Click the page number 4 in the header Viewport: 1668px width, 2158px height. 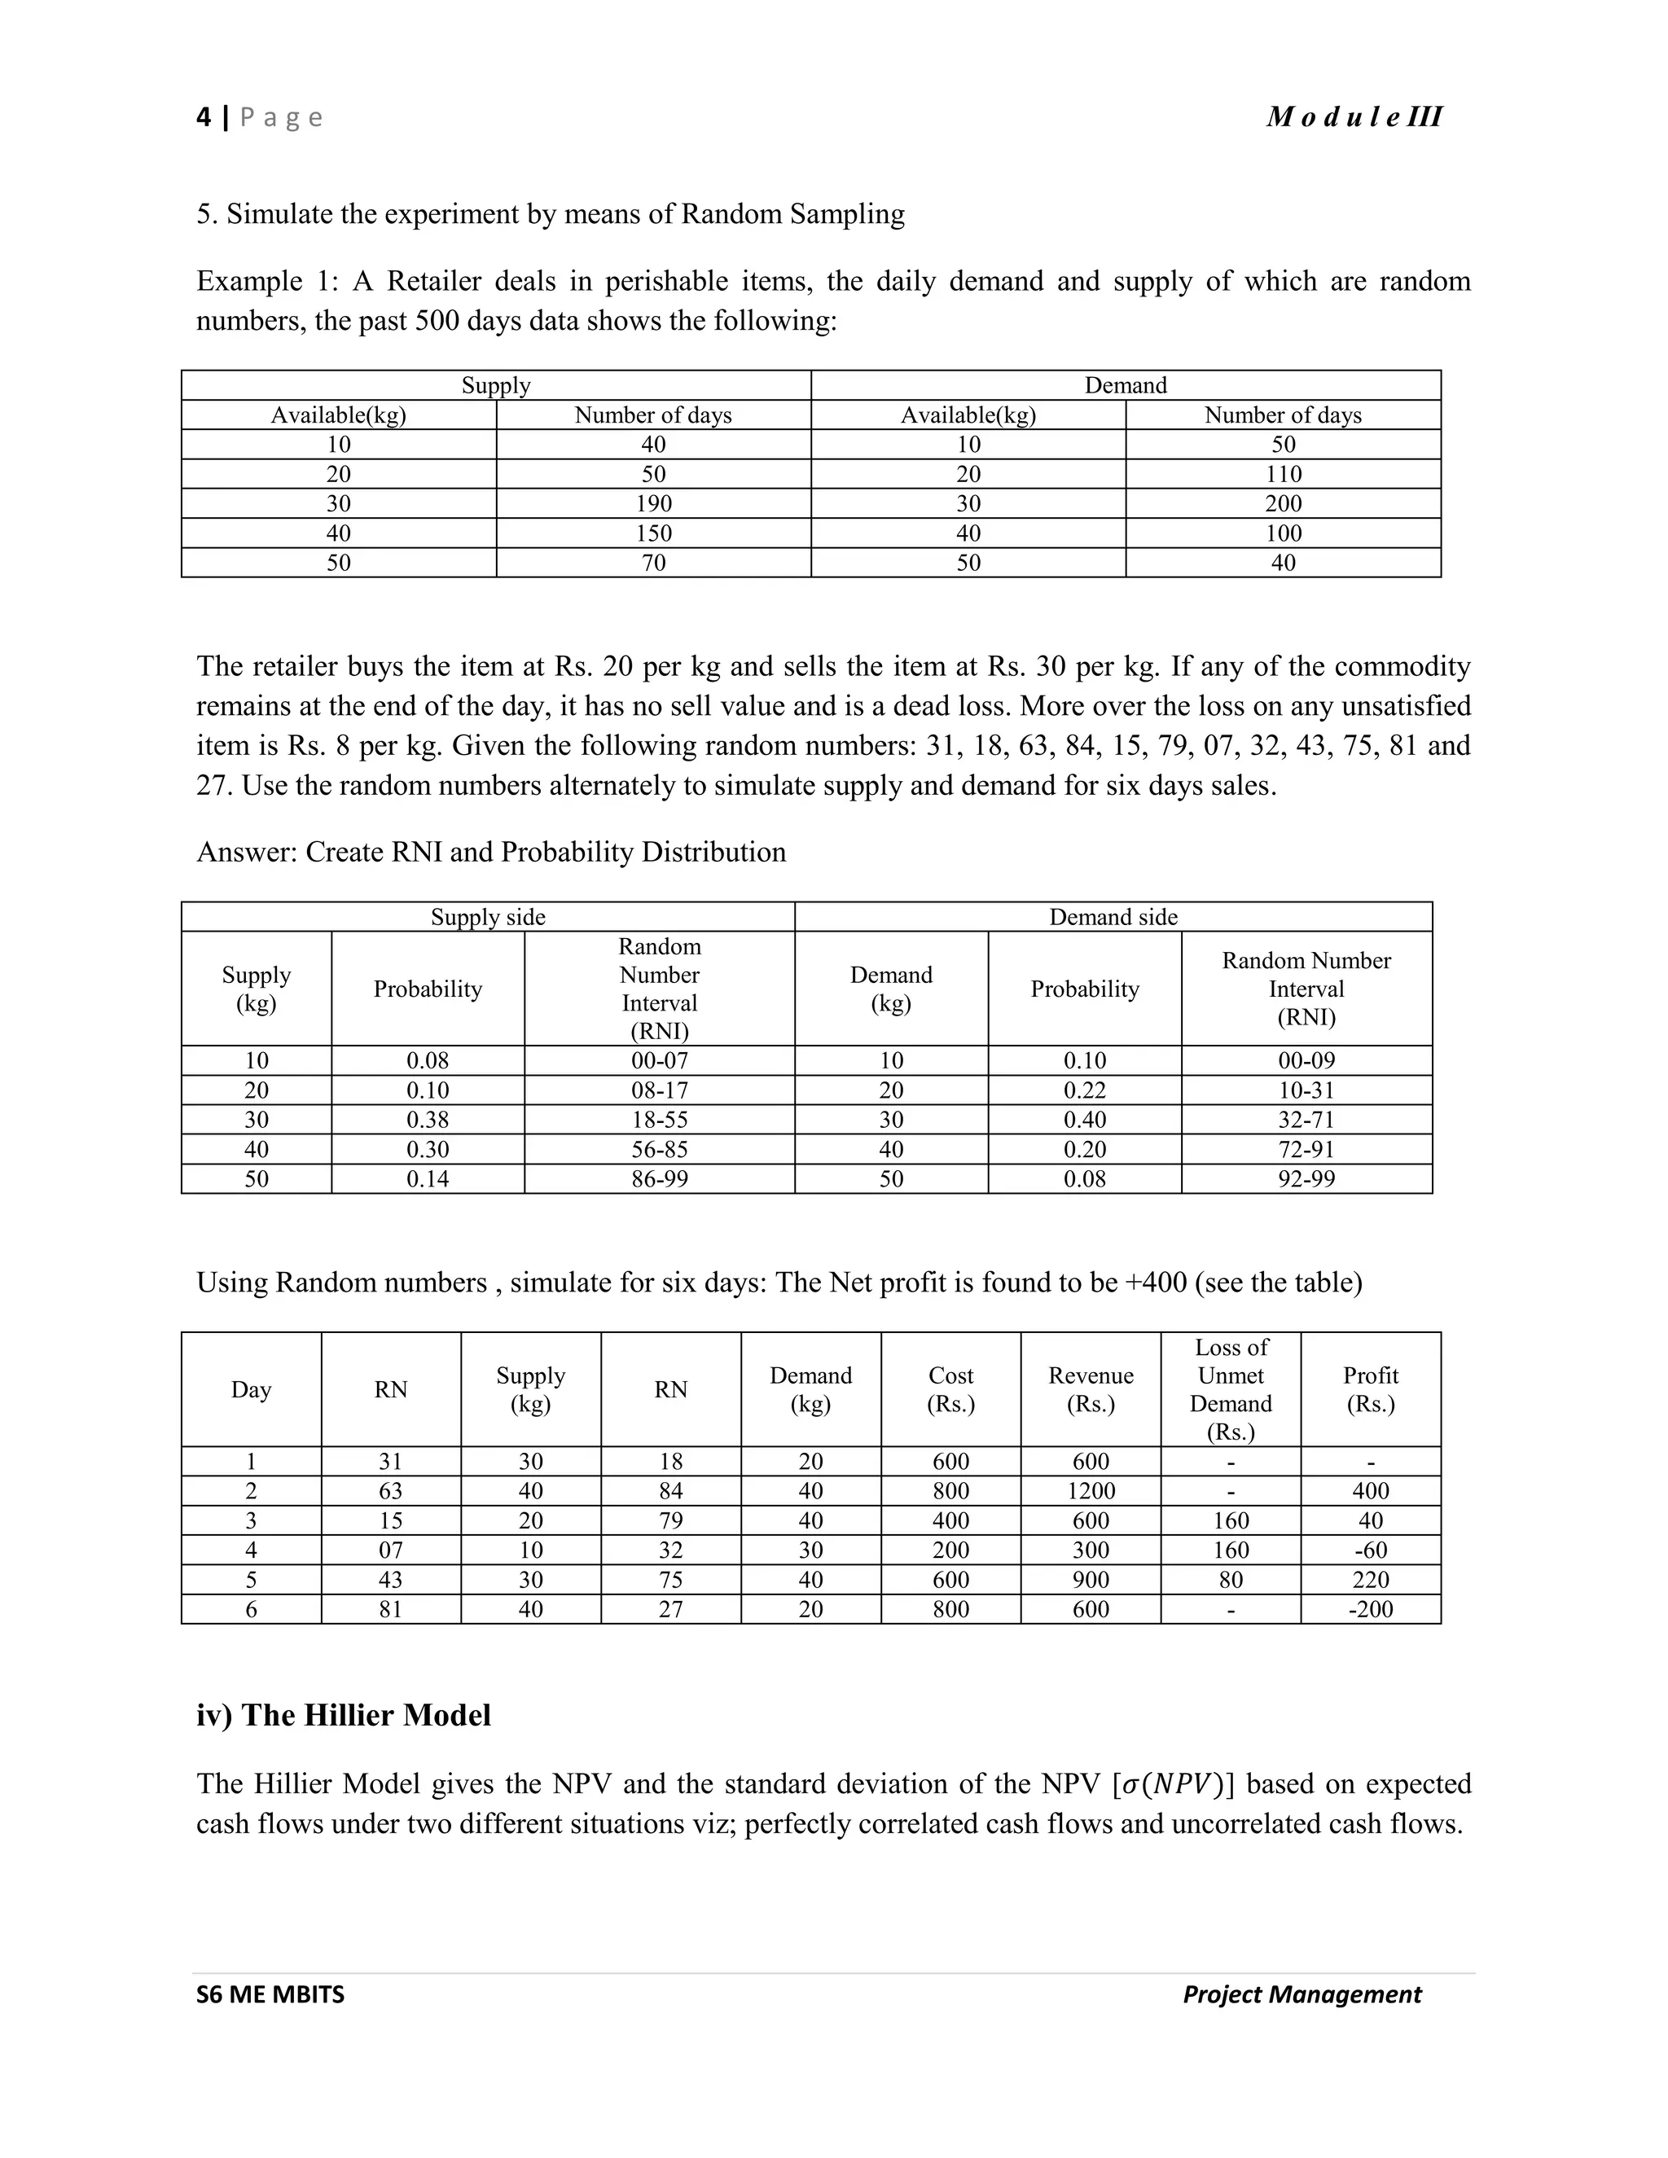coord(204,117)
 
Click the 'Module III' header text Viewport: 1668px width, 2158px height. coord(1354,117)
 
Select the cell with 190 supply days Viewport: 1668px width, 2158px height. coord(653,504)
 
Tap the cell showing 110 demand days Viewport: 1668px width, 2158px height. coord(1283,474)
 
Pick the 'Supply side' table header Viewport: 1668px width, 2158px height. coord(488,917)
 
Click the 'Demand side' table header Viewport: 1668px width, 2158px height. coord(1113,917)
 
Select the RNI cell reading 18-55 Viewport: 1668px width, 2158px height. coord(659,1120)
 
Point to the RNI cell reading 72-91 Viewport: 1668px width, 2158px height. coord(1306,1149)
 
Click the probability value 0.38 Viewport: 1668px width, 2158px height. coord(428,1120)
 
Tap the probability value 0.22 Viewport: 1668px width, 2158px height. coord(1084,1090)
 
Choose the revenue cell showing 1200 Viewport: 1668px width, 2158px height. coord(1090,1491)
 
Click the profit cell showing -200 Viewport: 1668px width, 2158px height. coord(1371,1610)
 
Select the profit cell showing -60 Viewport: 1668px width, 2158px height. coord(1371,1551)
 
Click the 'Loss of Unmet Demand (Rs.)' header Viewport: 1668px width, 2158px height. coord(1231,1389)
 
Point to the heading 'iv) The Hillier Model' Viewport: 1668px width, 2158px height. coord(343,1715)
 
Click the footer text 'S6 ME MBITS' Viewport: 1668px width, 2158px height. coord(270,1995)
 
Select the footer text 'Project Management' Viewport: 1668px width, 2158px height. coord(1301,1995)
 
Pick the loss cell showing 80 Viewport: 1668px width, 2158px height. coord(1231,1580)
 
